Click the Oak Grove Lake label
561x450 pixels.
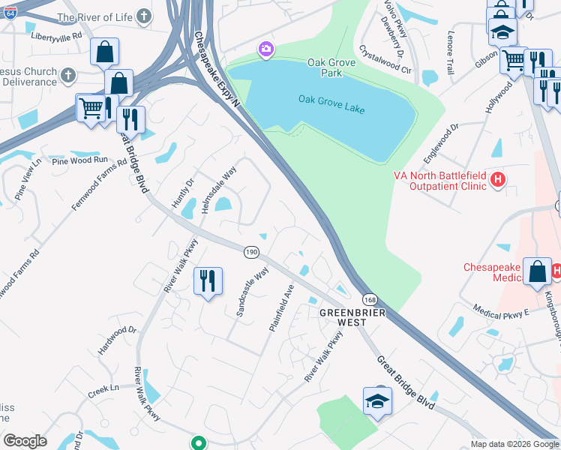[x=331, y=99]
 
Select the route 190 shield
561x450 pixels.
[x=251, y=253]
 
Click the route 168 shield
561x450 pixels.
[x=371, y=298]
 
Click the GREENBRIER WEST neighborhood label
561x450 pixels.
[x=343, y=316]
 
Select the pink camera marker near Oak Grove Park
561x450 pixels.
[x=265, y=50]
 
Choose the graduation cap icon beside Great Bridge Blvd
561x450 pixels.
[x=377, y=401]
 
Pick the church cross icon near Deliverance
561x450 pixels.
[x=67, y=75]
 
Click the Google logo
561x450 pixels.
[x=25, y=441]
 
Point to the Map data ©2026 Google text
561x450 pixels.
[x=514, y=444]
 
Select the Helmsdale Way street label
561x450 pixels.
[x=219, y=190]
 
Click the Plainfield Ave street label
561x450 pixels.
[x=281, y=307]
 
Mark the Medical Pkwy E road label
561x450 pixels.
[x=501, y=309]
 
